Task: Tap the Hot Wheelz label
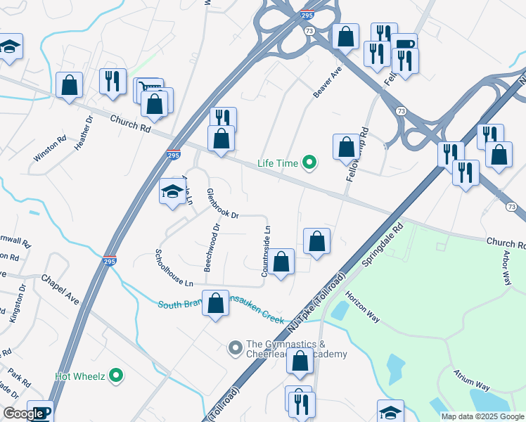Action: coord(79,376)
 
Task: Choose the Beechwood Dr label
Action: coord(212,238)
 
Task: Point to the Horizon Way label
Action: coord(362,308)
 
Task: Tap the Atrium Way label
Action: coord(471,379)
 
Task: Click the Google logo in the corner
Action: coord(23,414)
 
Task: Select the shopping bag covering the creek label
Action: coord(216,304)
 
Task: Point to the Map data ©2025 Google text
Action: coord(482,416)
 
